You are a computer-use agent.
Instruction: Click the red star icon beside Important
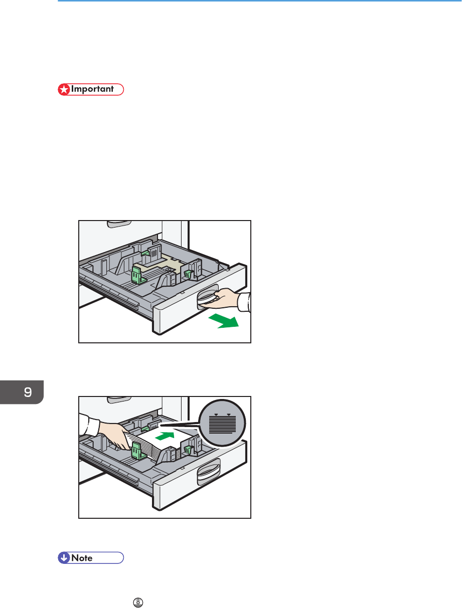coord(64,89)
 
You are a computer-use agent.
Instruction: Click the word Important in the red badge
coord(92,89)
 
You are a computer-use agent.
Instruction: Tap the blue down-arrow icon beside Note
coord(64,557)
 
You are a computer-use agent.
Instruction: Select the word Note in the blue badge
coord(82,558)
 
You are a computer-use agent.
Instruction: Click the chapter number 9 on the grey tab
coord(28,392)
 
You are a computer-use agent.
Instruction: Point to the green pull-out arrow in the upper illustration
coord(224,321)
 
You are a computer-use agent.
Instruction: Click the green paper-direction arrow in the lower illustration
coord(165,436)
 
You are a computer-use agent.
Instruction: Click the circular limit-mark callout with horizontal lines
coord(222,423)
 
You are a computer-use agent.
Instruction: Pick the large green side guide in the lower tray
coord(138,451)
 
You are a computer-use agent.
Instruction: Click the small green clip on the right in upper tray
coord(188,274)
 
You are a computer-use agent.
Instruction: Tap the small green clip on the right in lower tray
coord(188,449)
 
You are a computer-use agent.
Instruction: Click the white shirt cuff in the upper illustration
coord(244,302)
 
